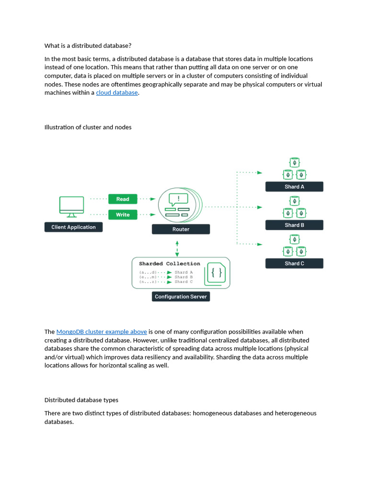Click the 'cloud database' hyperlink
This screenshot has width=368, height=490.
[x=117, y=93]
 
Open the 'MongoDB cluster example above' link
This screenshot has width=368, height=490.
[x=102, y=332]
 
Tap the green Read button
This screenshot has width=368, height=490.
[x=123, y=199]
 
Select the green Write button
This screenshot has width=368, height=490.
[x=123, y=215]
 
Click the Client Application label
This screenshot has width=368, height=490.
[x=73, y=227]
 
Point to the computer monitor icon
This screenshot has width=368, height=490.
[x=71, y=205]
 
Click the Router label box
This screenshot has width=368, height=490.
[x=181, y=229]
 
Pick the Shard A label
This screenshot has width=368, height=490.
[x=294, y=187]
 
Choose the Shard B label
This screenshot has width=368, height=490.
[x=294, y=225]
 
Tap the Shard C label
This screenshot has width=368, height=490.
[x=294, y=263]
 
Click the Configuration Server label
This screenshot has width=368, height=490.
[x=181, y=297]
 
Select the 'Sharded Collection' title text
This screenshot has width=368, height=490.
[x=170, y=264]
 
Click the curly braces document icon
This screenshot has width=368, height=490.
[x=216, y=273]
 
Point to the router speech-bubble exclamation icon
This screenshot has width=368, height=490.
[x=178, y=199]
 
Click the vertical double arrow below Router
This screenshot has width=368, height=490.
[x=178, y=249]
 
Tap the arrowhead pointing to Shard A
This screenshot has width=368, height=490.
[x=259, y=172]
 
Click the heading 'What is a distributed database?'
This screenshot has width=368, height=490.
[x=88, y=46]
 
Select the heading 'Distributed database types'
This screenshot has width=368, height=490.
[x=81, y=400]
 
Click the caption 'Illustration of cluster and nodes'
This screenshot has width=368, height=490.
[x=88, y=127]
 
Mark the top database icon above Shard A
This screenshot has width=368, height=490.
[x=294, y=163]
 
